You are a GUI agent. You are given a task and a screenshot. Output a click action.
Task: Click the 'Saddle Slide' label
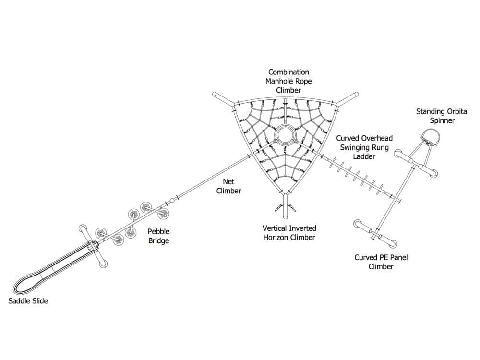(28, 301)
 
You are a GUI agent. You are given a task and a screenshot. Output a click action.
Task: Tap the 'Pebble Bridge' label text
(158, 236)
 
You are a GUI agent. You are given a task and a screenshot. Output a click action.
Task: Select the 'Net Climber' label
(228, 186)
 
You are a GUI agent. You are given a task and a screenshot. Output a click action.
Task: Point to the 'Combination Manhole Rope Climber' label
(288, 81)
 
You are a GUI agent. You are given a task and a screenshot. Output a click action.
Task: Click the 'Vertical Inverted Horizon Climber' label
(289, 233)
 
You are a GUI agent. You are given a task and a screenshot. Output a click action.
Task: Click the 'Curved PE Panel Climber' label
(381, 262)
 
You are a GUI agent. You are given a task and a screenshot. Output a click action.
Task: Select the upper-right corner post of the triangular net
(355, 95)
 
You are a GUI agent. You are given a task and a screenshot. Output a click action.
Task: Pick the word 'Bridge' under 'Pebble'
(158, 240)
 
